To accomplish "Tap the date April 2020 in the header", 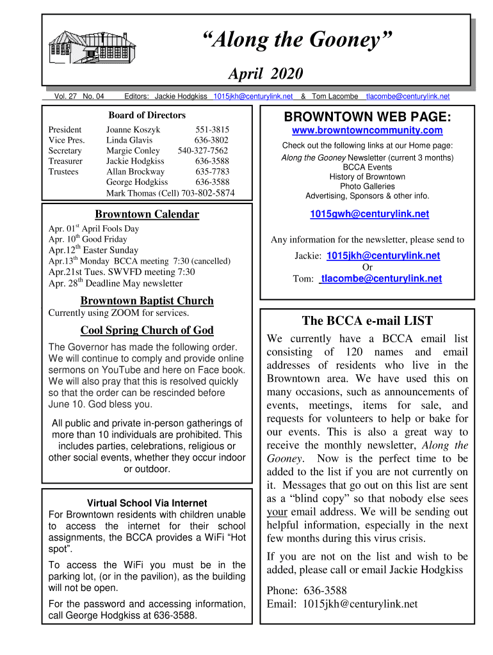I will click(266, 74).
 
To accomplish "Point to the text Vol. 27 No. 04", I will click(79, 97).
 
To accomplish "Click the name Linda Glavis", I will click(129, 140).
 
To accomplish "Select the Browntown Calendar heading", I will click(147, 214).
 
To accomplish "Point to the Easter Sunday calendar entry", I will click(93, 250).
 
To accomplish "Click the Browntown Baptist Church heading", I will click(147, 301).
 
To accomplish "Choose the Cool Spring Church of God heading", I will click(147, 330).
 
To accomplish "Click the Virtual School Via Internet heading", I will click(147, 502).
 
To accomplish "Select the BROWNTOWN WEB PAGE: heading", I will click(367, 116).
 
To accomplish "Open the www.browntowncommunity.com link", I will click(367, 130).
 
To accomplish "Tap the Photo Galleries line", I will click(367, 186).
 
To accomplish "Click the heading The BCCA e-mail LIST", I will click(367, 321).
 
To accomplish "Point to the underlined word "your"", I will click(277, 512).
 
